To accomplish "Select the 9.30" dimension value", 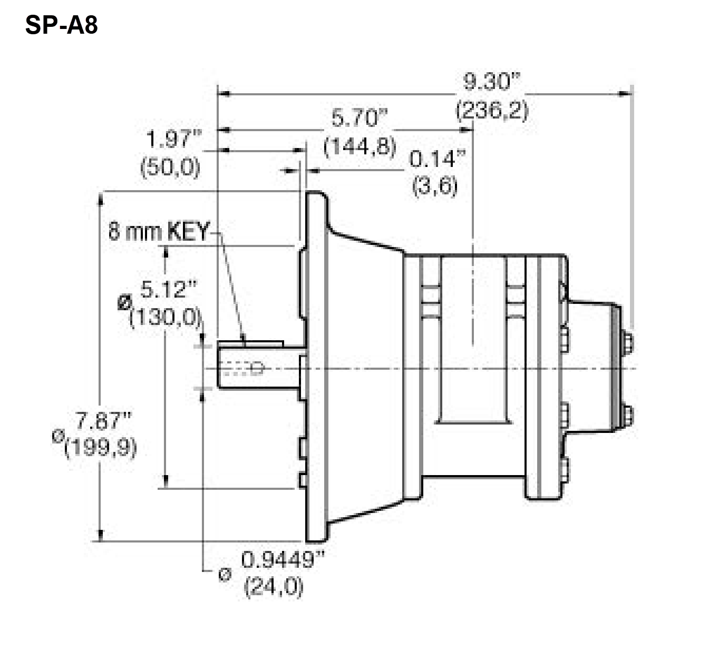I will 491,82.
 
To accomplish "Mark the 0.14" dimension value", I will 438,159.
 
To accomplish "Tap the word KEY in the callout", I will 189,232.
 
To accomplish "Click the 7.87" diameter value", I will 103,421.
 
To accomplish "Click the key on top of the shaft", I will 250,344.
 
